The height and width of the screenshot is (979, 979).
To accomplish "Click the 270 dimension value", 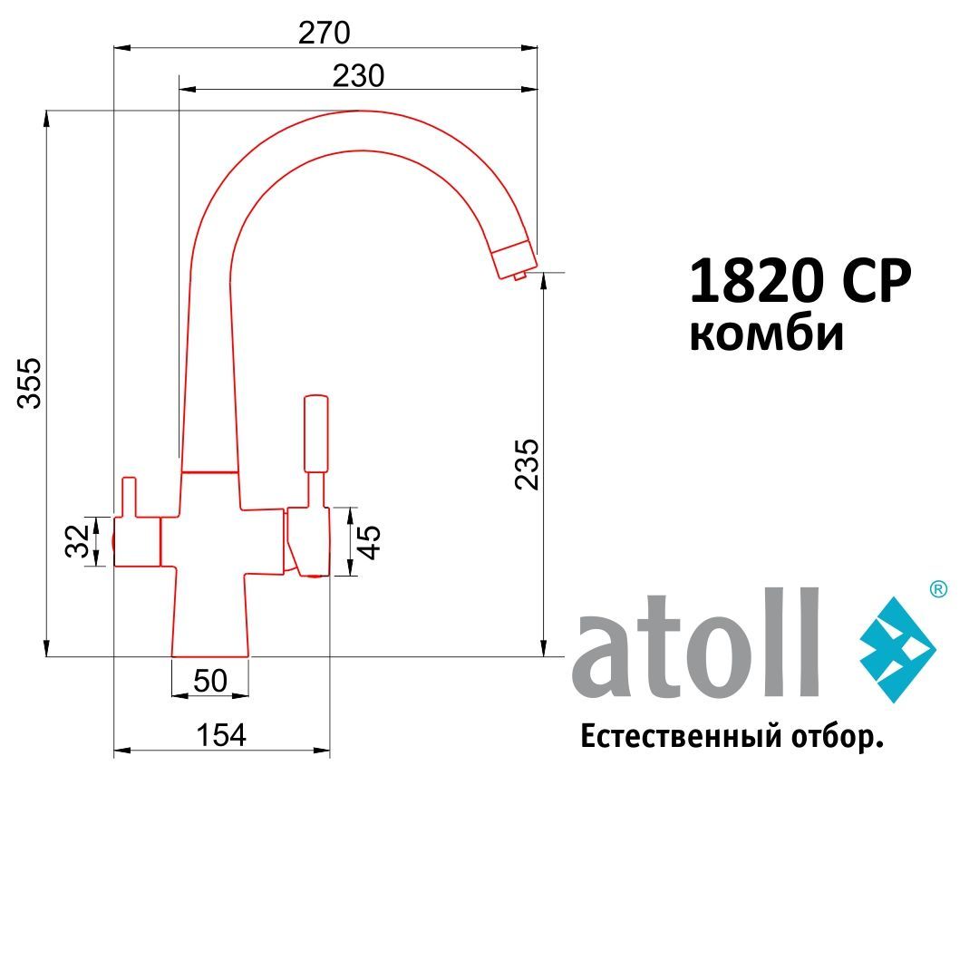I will pos(324,33).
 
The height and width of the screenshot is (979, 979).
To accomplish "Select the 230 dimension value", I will pos(358,76).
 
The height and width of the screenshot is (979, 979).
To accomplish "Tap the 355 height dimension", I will pos(30,383).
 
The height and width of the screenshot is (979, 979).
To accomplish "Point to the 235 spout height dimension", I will pos(527,464).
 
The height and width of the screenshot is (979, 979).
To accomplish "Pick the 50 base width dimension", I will pos(210,681).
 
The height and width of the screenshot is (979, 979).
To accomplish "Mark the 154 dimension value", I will pos(221,735).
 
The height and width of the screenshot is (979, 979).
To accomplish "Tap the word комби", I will pos(766,334).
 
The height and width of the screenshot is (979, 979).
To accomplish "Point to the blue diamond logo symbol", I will pos(897,649).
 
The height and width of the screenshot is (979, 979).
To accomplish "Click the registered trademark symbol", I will pos(938,589).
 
